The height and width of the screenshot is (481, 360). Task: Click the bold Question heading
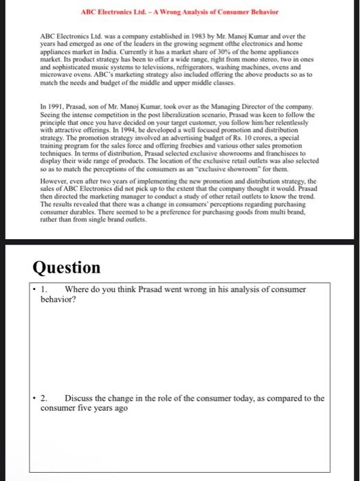pos(65,267)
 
